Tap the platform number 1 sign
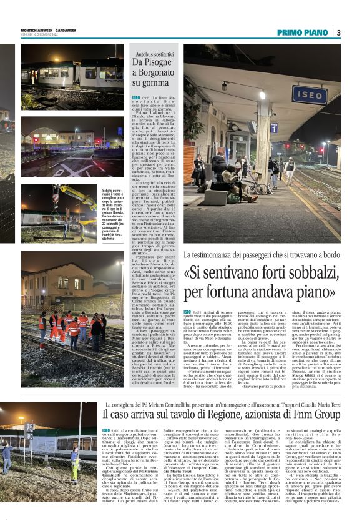coord(274,127)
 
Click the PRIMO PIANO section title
coord(302,32)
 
